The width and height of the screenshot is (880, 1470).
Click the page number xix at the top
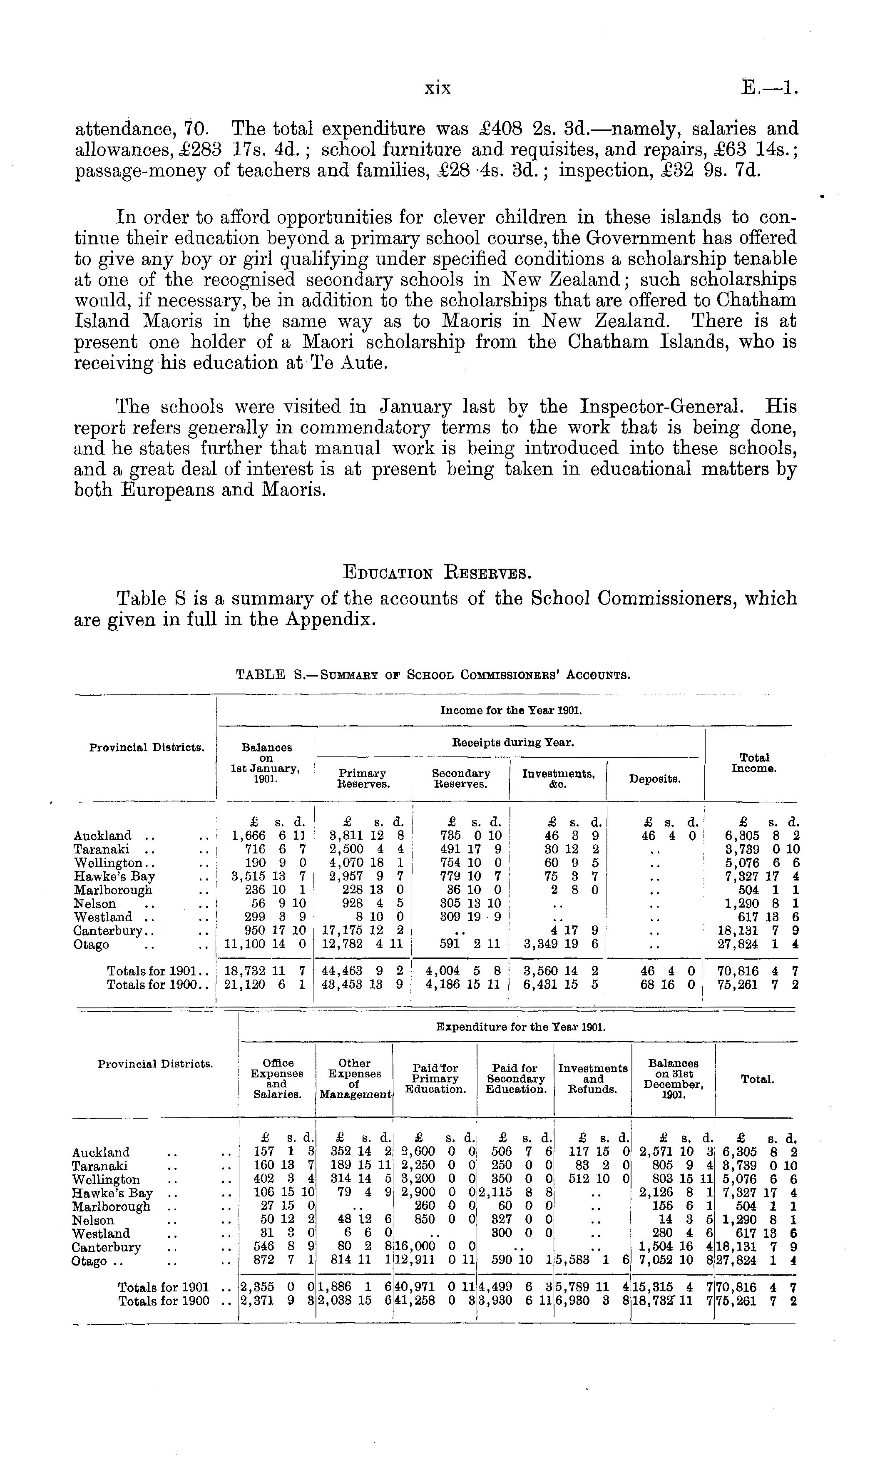[438, 88]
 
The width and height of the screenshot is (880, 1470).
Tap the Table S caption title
[433, 674]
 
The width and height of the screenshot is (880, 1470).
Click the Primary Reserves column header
[362, 779]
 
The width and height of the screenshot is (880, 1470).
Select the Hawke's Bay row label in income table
[114, 876]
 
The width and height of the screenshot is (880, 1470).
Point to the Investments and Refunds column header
[593, 1079]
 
